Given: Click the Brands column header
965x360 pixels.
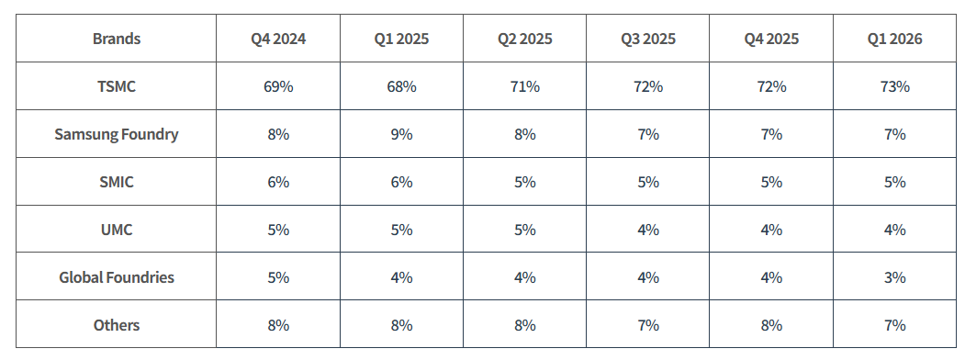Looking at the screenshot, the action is tap(117, 39).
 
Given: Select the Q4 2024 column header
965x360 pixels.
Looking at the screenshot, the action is tap(278, 39).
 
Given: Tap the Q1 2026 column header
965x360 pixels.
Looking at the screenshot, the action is tap(895, 39).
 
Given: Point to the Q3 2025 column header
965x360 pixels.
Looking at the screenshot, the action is tap(648, 39).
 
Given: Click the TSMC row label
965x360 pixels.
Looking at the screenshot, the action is tap(117, 86).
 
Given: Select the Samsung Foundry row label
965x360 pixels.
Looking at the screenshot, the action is tap(117, 134).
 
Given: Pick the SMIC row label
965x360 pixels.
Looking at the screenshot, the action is tap(117, 182).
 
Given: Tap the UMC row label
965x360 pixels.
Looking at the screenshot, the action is tap(117, 230).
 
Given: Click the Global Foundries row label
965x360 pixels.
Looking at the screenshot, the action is tap(117, 277).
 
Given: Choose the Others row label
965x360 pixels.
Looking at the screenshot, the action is tap(117, 325).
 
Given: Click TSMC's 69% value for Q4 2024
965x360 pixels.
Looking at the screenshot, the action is tap(278, 86).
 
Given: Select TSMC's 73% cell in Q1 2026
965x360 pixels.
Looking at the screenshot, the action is tap(895, 86).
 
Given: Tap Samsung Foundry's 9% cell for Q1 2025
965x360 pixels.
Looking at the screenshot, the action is tap(401, 134).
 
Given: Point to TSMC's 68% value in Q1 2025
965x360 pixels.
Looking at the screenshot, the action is tap(401, 86).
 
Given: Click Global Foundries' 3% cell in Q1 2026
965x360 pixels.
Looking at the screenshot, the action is tap(895, 277).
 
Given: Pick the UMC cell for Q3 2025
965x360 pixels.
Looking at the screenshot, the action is tap(648, 230).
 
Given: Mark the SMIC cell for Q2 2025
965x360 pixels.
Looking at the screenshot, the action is tap(525, 182).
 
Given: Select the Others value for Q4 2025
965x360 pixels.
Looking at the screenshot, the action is tap(771, 325).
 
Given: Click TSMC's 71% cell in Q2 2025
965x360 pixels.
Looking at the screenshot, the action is tap(525, 86).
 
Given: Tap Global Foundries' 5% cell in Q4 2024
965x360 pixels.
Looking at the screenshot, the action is tap(278, 277).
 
